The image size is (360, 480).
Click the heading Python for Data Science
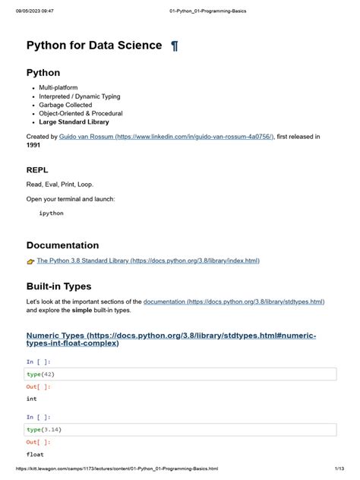tap(94, 46)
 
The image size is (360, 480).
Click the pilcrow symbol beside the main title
tap(175, 46)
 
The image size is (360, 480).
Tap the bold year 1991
tap(33, 144)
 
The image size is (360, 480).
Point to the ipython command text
tap(52, 213)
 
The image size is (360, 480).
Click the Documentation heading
tap(62, 245)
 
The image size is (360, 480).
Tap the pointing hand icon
tap(30, 261)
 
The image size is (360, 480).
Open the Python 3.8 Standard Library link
tap(148, 261)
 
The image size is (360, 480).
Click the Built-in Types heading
tap(58, 286)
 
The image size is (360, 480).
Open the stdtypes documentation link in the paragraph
tap(234, 302)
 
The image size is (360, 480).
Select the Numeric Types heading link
tap(171, 339)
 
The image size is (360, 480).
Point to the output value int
tap(31, 399)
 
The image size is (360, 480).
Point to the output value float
tap(34, 454)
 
